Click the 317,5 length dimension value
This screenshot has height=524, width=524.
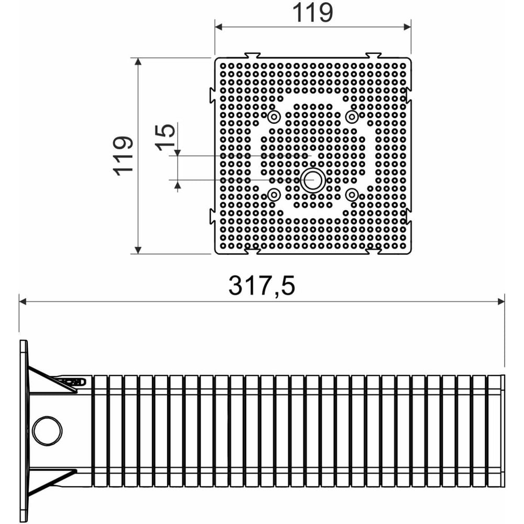point(261,286)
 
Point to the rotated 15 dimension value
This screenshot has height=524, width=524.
point(165,137)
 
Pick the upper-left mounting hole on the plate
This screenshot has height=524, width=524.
point(274,117)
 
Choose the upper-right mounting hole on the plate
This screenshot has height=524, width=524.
point(352,117)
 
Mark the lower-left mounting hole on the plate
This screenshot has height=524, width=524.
point(274,194)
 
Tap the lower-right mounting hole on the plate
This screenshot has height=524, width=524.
point(352,194)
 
